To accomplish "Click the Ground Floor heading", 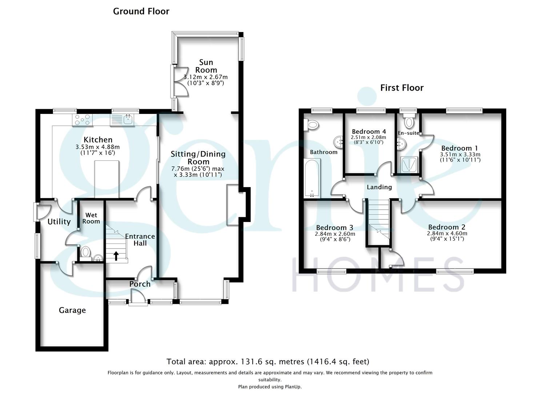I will (x=141, y=11).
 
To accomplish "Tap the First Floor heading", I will (x=402, y=88).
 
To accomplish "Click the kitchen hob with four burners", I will (x=83, y=120).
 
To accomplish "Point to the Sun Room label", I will (x=206, y=66).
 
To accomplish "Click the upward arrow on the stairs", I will (x=116, y=256).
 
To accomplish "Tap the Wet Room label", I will (x=91, y=218).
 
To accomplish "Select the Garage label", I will (x=72, y=310).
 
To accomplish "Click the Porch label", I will (x=140, y=284).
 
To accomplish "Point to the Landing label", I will (x=379, y=187).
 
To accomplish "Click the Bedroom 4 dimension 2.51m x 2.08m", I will (x=368, y=138).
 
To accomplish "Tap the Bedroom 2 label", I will (x=447, y=227).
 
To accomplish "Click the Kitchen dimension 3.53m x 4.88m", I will (x=97, y=147).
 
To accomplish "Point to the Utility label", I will (x=59, y=222).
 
